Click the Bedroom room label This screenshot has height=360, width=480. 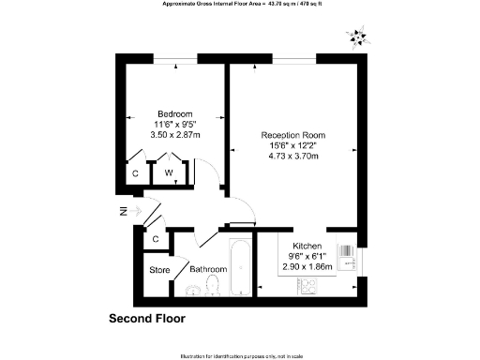[x=175, y=113]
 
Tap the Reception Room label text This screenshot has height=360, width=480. [x=292, y=135]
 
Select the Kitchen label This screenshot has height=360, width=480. [x=307, y=245]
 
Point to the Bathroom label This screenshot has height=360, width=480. [x=208, y=270]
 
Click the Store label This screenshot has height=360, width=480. [x=159, y=272]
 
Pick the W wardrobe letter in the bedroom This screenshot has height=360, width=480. [x=169, y=173]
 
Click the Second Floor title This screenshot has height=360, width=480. [x=147, y=319]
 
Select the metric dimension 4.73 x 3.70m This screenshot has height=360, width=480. [x=292, y=156]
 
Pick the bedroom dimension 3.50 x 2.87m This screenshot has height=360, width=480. [x=175, y=134]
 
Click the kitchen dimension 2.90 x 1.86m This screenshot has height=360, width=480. [x=307, y=266]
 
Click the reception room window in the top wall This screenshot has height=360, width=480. [x=287, y=61]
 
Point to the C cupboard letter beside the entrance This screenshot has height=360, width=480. [x=157, y=240]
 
